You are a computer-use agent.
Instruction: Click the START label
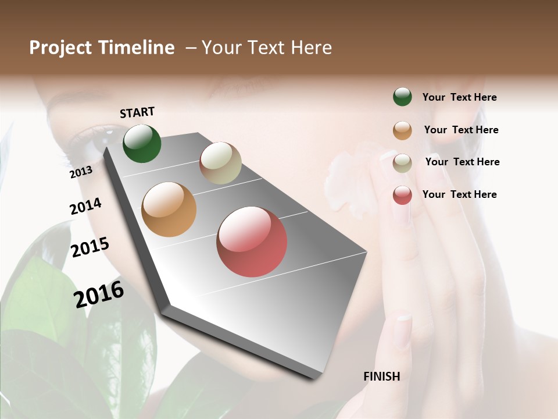137,112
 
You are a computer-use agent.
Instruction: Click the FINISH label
382,377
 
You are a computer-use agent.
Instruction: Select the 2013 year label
81,172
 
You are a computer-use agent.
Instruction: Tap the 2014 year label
85,206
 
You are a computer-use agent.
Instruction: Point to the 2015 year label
90,247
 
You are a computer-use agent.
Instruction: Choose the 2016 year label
99,293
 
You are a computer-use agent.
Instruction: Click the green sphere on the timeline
142,144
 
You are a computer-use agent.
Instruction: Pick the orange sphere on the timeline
169,210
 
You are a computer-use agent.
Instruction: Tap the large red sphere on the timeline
252,242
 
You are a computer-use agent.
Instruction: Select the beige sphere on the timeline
220,163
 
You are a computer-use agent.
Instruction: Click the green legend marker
402,97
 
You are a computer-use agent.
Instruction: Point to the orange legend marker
402,130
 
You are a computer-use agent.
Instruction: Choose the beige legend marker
402,163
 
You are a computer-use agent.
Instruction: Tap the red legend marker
402,195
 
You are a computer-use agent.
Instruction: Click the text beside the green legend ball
459,97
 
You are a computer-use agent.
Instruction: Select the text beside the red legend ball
459,194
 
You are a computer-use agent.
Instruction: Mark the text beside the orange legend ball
461,130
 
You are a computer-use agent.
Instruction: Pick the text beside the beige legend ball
462,162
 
